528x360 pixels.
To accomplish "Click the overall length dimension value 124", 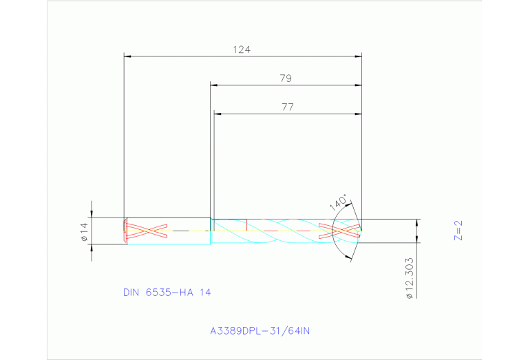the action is [242, 50].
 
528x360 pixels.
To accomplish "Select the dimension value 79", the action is [286, 78].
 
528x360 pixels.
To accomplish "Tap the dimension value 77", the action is [288, 107].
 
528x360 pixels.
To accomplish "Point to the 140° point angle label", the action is [338, 202].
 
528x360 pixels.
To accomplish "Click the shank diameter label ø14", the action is [84, 231].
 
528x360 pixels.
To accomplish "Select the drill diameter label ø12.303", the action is [409, 278].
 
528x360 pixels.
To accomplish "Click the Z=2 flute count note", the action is [458, 231].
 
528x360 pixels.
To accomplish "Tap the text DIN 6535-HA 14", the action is [167, 293].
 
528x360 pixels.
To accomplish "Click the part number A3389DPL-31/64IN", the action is [260, 331].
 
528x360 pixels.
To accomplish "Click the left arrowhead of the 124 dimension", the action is [127, 56].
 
